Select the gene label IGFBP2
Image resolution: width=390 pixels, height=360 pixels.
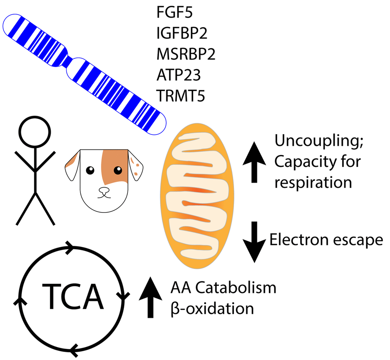point(182,34)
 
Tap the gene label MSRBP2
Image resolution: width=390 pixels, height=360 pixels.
point(186,55)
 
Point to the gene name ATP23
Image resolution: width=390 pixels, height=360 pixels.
point(178,75)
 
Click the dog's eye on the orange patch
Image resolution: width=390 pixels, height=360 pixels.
point(118,170)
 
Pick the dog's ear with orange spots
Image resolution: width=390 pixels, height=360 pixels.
point(135,164)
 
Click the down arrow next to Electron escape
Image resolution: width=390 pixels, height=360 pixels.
point(254,241)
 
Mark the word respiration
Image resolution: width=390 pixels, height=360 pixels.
point(313,182)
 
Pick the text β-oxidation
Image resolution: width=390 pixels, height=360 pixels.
point(212,308)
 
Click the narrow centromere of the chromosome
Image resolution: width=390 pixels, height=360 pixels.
point(70,63)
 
